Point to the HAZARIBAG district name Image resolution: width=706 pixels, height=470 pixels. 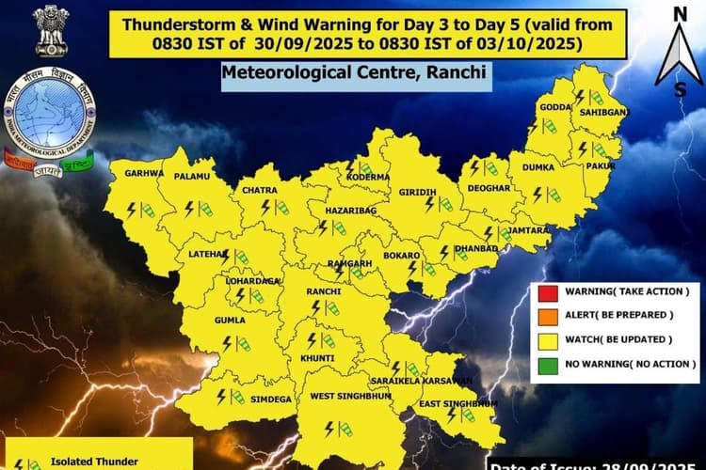tap(350, 211)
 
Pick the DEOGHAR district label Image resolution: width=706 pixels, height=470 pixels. tap(488, 187)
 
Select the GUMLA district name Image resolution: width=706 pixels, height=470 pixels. tap(230, 320)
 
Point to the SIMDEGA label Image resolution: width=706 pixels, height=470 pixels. tap(271, 399)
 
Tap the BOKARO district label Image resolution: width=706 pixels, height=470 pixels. tap(402, 255)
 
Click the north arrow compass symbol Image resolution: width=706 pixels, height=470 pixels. tap(678, 51)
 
